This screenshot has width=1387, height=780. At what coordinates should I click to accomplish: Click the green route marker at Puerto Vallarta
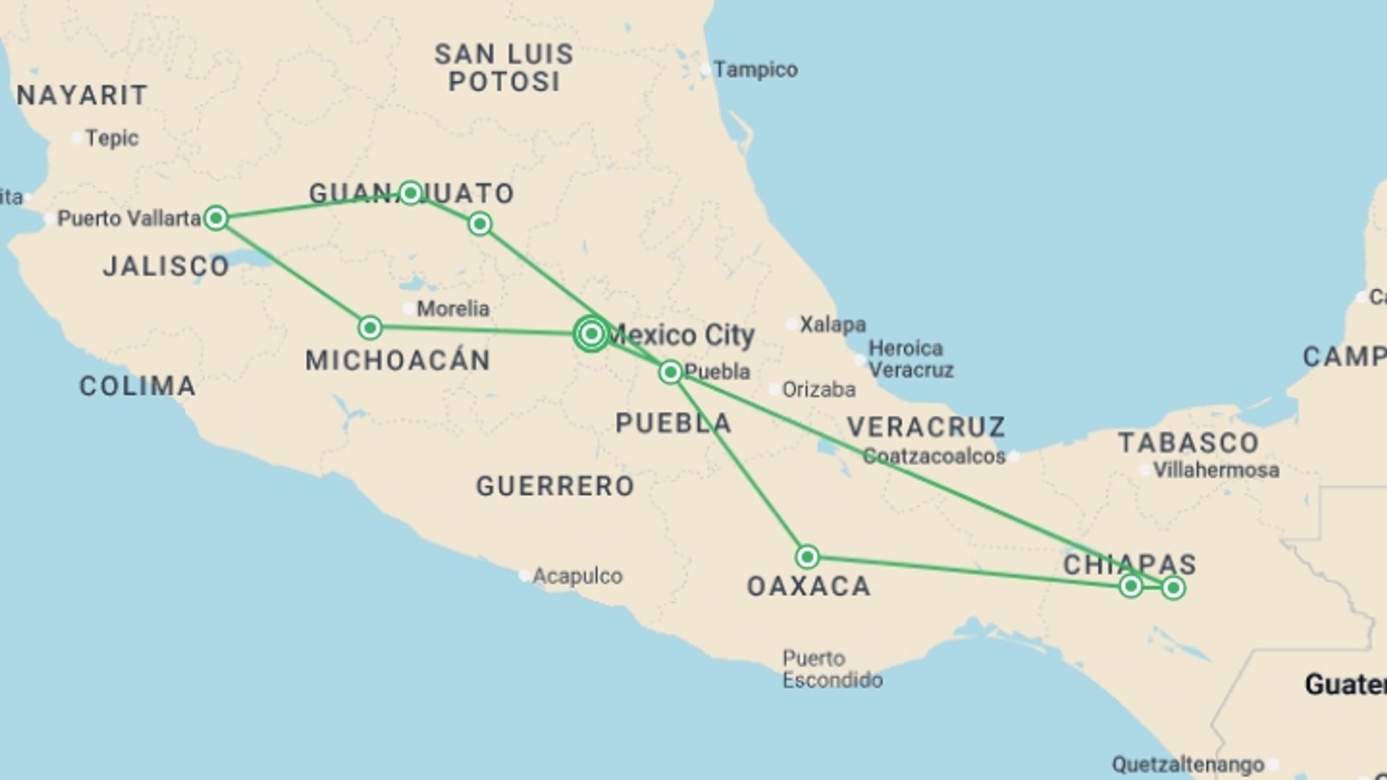tap(216, 217)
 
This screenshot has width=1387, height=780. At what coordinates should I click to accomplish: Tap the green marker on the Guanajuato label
tap(410, 193)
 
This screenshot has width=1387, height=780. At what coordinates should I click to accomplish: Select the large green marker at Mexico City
tap(591, 334)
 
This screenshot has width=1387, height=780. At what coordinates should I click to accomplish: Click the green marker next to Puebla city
tap(670, 372)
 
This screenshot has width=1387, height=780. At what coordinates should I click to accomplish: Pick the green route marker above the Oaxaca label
tap(807, 557)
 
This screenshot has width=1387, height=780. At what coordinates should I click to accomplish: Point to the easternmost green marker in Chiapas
tap(1173, 589)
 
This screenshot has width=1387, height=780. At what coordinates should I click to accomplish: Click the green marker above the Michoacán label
tap(370, 328)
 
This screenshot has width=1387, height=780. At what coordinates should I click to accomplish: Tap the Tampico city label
tap(755, 70)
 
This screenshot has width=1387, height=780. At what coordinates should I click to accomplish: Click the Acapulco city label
tap(577, 576)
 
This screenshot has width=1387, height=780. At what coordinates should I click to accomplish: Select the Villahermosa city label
tap(1216, 470)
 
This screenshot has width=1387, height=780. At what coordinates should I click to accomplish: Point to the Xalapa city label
tap(832, 325)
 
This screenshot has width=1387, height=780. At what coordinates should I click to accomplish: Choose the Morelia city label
tap(453, 309)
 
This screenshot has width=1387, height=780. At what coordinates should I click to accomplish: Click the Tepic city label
tap(112, 138)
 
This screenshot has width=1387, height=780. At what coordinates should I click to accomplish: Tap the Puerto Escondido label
tap(832, 669)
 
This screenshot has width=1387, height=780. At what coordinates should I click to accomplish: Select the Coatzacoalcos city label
tap(934, 456)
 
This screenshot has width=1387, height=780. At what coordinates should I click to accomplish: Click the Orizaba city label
tap(818, 390)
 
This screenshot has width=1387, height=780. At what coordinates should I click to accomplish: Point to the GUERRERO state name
tap(555, 486)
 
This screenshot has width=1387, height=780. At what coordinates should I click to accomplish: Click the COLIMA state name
tap(137, 386)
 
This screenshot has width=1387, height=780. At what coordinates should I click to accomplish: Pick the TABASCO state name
tap(1188, 443)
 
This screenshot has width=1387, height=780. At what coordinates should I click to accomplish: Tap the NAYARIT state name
tap(82, 95)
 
